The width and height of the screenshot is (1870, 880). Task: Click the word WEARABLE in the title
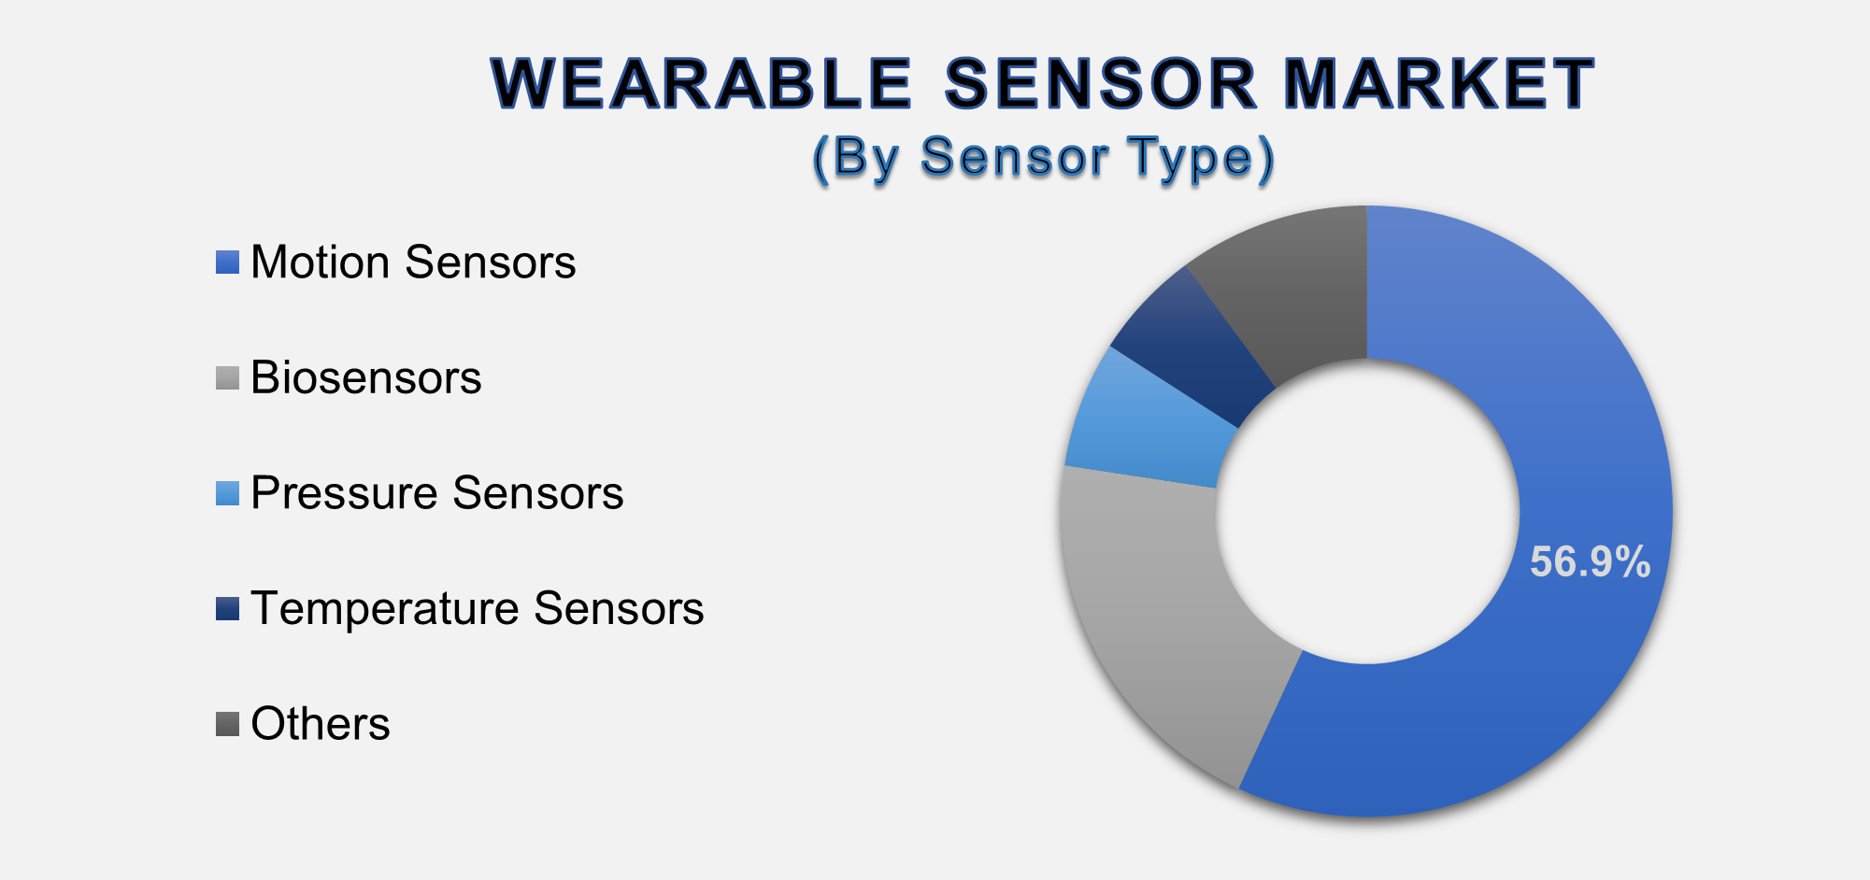point(701,84)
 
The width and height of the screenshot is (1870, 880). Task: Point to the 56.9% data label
point(1589,562)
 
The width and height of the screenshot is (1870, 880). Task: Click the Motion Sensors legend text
point(413,263)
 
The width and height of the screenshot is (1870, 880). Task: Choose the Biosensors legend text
point(365,378)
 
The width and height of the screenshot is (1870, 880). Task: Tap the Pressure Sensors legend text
point(436,493)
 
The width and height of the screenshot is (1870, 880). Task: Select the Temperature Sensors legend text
point(477,609)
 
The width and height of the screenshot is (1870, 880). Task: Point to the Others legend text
point(320,724)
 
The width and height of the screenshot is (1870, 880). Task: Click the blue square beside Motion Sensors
point(227,263)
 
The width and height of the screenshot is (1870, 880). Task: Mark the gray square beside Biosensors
point(227,378)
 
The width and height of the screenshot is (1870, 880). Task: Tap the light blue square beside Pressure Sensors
point(227,493)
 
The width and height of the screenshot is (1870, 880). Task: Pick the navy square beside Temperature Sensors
point(227,609)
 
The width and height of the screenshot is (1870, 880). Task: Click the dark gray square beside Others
point(227,724)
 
